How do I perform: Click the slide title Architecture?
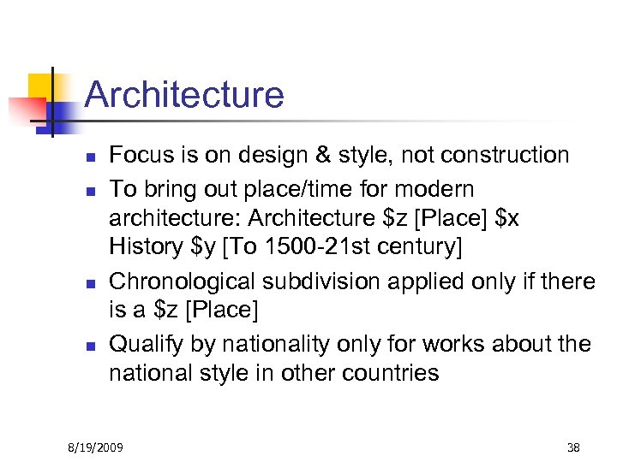[x=184, y=94]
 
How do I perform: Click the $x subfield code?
[x=506, y=218]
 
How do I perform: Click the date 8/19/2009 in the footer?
[x=96, y=447]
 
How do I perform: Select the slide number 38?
[x=573, y=447]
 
